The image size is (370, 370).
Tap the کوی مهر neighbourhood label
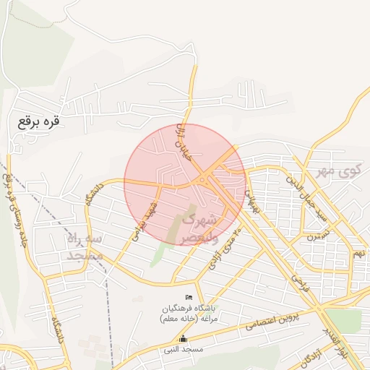pos(338,171)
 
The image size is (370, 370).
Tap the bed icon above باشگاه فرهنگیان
pos(189,298)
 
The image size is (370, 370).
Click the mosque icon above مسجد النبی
pos(182,338)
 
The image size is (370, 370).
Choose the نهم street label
pos(359,254)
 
